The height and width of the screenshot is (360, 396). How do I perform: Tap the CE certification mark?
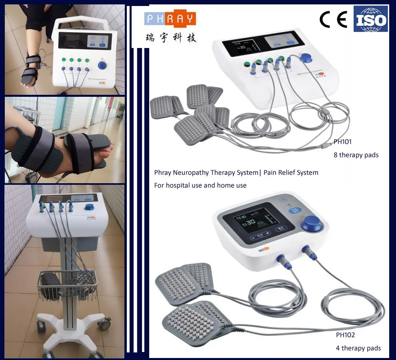(333, 20)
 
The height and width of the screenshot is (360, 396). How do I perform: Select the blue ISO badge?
(370, 19)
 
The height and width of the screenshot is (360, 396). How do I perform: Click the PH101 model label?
(343, 142)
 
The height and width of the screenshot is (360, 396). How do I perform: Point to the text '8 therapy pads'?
(356, 155)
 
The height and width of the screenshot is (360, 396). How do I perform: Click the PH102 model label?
(345, 335)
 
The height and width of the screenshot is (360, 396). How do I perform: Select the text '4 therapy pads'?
(358, 348)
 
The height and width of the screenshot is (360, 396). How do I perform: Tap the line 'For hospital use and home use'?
(200, 185)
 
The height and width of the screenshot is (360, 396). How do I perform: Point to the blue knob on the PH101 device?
(306, 58)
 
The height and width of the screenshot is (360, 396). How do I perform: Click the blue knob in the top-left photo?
(103, 65)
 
